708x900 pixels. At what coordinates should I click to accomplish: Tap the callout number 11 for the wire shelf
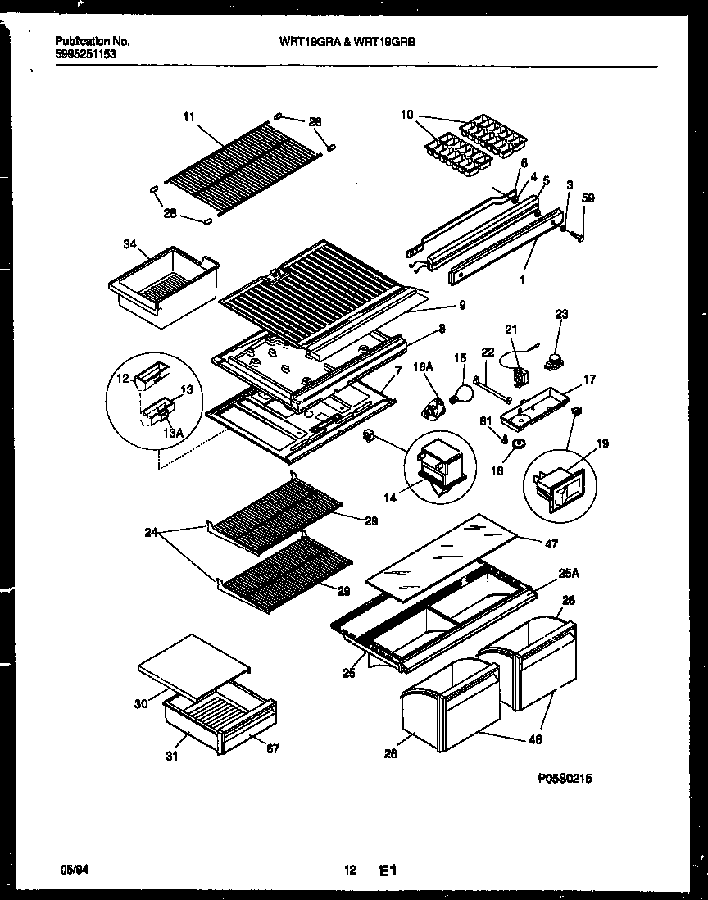coord(189,117)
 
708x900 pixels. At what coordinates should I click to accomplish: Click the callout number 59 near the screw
coord(588,197)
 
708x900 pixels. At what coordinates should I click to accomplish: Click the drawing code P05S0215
coord(565,779)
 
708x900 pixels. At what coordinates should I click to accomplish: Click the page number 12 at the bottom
coord(351,871)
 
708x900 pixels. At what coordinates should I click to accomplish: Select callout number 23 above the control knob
coord(560,314)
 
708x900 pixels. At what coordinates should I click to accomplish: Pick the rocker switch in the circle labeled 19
coord(554,485)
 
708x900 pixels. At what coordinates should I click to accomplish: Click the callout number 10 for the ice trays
coord(408,115)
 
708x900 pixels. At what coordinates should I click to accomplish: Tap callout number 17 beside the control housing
coord(589,380)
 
